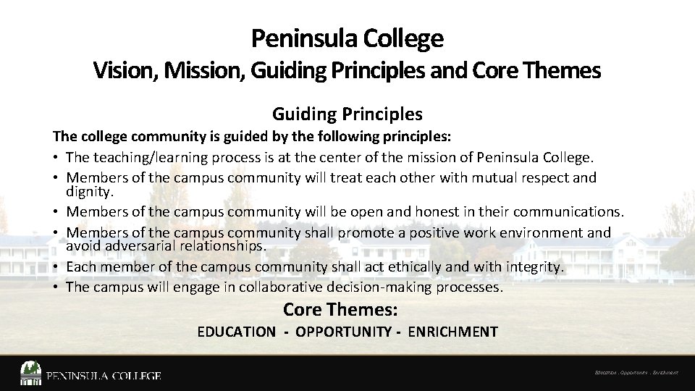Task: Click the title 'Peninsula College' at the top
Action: (x=347, y=38)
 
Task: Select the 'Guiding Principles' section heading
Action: (x=347, y=114)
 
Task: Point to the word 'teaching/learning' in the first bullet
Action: (x=150, y=157)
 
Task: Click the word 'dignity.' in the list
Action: (x=90, y=192)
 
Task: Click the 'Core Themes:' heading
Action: (x=340, y=310)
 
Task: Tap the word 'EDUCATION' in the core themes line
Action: (x=236, y=332)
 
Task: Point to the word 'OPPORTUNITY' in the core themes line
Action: (x=343, y=332)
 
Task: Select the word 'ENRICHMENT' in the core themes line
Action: (x=452, y=332)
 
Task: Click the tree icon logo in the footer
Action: (x=30, y=373)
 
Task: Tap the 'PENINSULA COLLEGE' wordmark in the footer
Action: (x=104, y=376)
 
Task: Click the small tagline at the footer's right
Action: (x=636, y=373)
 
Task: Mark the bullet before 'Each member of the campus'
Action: (x=56, y=267)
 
